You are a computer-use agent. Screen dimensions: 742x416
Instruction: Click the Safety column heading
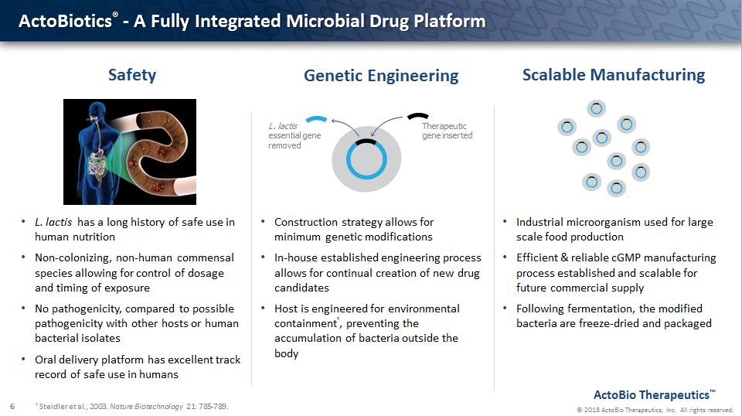click(132, 75)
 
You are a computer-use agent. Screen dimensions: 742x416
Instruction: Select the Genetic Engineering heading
click(381, 76)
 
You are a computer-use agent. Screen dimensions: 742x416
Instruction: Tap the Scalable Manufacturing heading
click(613, 75)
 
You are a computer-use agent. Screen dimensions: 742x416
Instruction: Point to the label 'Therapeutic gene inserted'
click(447, 131)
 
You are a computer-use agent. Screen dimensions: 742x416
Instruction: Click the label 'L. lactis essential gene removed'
click(294, 136)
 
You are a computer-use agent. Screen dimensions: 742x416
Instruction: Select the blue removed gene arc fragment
click(317, 119)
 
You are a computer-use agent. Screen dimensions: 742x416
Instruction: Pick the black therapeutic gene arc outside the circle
click(418, 115)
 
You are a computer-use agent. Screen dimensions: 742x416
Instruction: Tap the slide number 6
click(12, 406)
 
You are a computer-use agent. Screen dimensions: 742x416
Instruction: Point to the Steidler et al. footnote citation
click(132, 406)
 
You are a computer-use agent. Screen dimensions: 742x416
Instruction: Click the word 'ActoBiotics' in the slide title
click(65, 22)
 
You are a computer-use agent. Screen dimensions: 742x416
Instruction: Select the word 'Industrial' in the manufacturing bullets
click(539, 222)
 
